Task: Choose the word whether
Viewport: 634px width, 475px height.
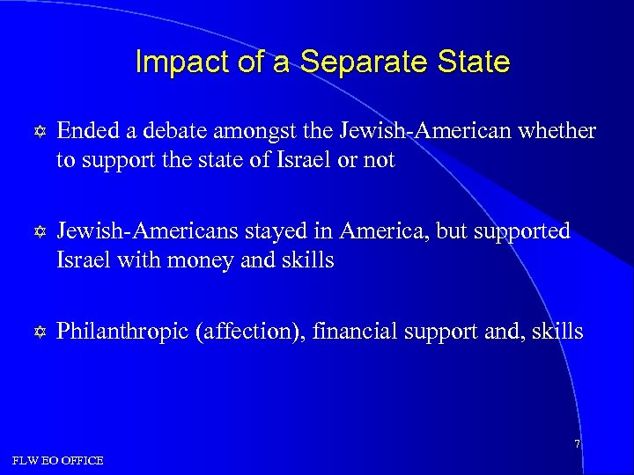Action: (x=560, y=132)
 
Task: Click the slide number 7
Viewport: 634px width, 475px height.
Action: (x=577, y=444)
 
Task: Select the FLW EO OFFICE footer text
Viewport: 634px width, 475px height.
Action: (x=58, y=460)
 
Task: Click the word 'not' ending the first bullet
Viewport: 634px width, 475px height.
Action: (x=381, y=161)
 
